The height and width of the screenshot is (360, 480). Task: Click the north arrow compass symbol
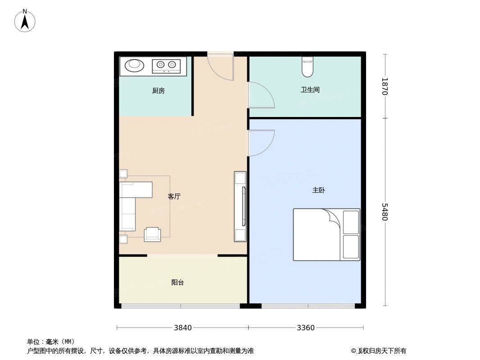[x=25, y=21]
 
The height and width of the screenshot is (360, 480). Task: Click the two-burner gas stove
[x=166, y=66]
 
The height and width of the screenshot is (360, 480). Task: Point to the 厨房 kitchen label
[x=158, y=91]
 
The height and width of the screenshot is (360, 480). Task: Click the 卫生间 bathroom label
[x=310, y=90]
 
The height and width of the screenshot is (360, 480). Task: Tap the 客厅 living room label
[x=174, y=196]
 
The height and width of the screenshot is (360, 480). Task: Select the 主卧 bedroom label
[x=318, y=190]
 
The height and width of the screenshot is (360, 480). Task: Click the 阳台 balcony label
[x=177, y=282]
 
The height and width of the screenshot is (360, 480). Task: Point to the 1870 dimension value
[x=385, y=86]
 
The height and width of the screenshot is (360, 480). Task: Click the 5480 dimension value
[x=385, y=211]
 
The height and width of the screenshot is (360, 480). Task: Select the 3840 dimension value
[x=183, y=328]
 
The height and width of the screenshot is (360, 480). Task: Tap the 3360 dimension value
[x=305, y=328]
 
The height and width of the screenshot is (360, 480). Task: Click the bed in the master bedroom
[x=326, y=234]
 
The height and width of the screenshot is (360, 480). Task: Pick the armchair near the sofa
[x=153, y=234]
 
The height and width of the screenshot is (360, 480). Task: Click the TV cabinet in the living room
[x=240, y=207]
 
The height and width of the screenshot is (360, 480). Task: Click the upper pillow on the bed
[x=351, y=222]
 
